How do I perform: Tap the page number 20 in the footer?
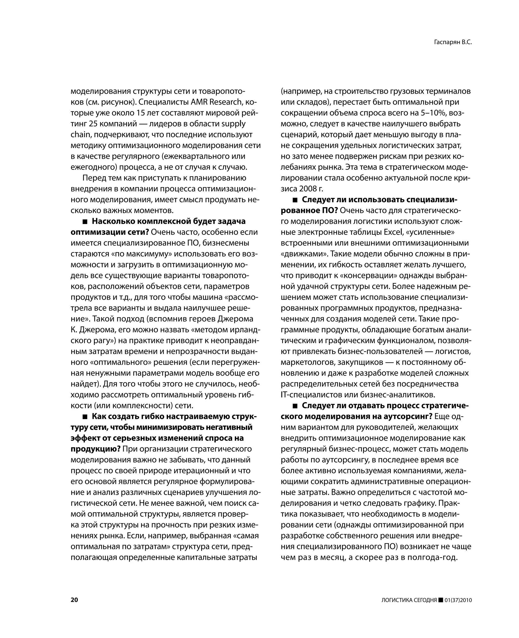click(74, 600)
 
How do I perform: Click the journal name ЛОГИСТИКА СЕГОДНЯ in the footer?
click(409, 600)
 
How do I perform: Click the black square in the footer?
click(441, 600)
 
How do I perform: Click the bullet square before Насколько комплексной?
click(85, 222)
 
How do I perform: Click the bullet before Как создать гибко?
click(85, 416)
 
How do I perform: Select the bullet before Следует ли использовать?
click(295, 200)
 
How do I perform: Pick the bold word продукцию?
click(95, 449)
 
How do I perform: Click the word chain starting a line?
click(80, 135)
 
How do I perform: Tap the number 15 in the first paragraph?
click(140, 113)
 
